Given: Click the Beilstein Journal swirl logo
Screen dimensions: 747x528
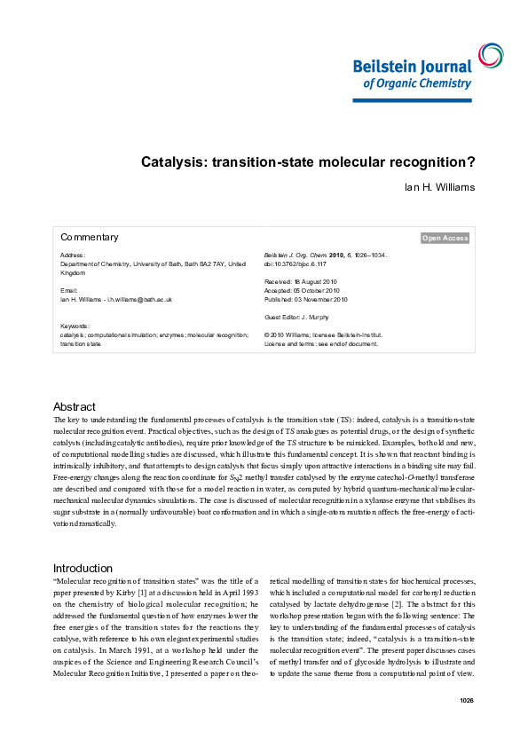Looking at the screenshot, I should click(489, 55).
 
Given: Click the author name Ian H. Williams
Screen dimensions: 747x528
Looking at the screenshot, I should click(439, 188).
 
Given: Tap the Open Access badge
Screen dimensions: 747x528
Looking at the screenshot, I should click(445, 238).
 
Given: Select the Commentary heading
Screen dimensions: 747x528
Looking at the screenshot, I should click(89, 238).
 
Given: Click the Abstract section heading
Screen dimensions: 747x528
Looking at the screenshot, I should click(74, 406).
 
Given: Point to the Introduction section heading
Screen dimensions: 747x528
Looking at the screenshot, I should click(83, 568).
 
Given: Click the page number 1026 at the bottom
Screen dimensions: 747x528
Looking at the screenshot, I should click(468, 701).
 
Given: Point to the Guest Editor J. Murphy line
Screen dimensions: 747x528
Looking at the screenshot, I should click(297, 317).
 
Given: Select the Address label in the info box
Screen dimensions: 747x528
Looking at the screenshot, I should click(73, 255).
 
